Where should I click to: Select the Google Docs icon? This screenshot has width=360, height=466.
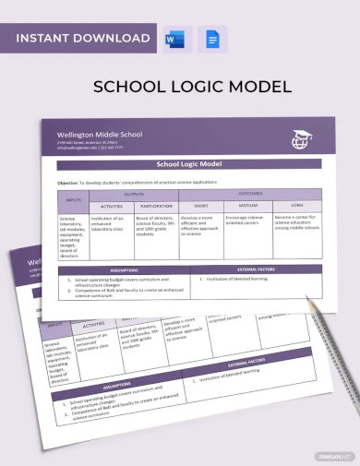point(211,39)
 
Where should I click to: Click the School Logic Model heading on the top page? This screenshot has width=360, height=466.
point(190,166)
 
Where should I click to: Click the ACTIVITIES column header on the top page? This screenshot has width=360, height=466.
point(111,207)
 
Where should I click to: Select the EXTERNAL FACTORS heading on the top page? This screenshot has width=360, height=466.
point(255,269)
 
